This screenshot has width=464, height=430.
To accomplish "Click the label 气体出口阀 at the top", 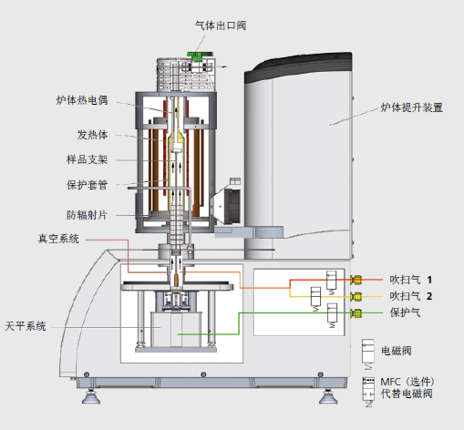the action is click(x=221, y=26).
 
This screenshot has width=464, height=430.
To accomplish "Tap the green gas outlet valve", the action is click(x=200, y=56).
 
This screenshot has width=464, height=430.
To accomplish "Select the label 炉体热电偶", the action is click(x=82, y=100).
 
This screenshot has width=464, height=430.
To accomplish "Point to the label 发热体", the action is click(x=92, y=135).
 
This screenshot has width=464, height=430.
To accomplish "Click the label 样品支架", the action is click(x=87, y=159).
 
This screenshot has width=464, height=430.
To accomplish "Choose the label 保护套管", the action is click(x=87, y=185).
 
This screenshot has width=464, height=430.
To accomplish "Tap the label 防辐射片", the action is click(x=87, y=215).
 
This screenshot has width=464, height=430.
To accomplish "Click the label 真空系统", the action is click(x=58, y=239).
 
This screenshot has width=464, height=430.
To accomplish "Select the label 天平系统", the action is click(x=26, y=326).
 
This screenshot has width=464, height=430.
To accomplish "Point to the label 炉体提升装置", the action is click(x=412, y=107).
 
